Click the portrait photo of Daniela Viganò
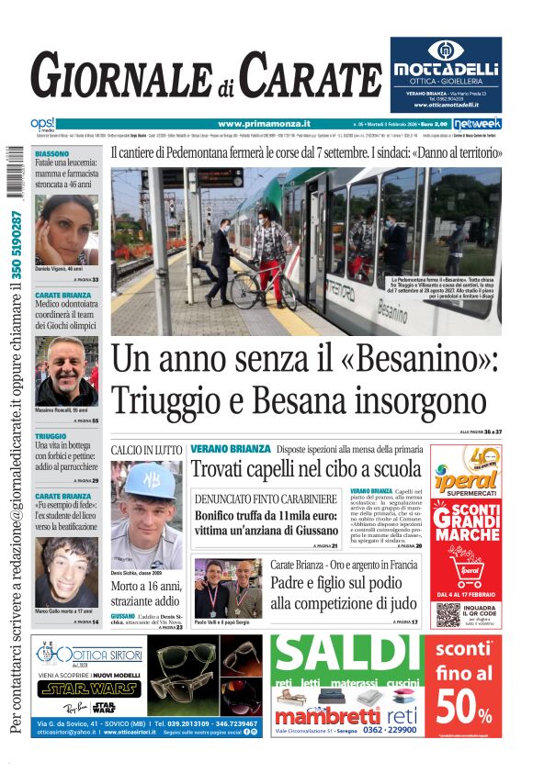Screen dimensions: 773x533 (x=66, y=230)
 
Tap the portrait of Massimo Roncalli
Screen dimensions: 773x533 (x=66, y=371)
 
